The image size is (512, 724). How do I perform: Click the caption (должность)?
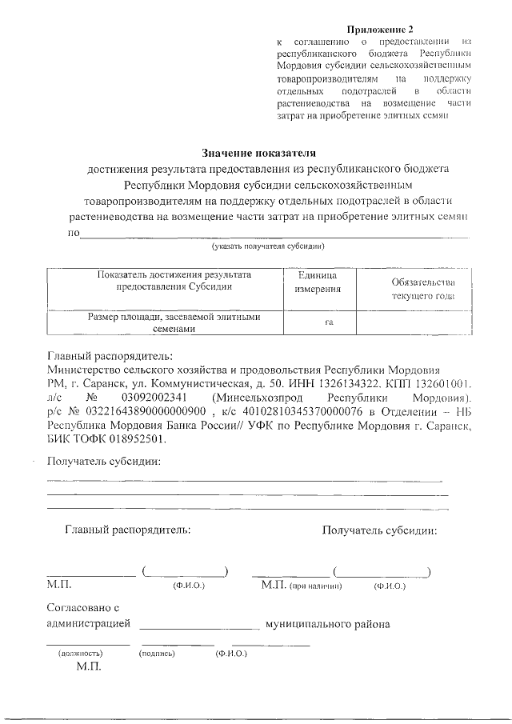79,654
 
